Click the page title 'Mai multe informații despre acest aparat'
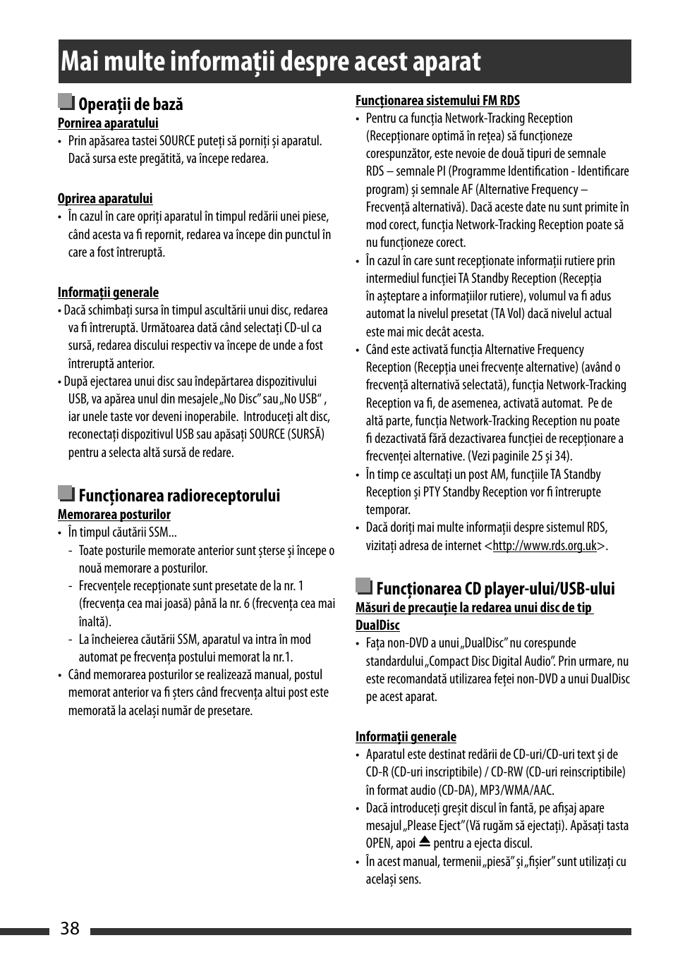tap(271, 62)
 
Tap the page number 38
tap(70, 928)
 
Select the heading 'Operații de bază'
tap(131, 104)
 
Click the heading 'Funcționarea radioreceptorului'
tap(179, 496)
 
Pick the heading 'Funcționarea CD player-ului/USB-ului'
tap(495, 589)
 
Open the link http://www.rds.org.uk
tap(545, 546)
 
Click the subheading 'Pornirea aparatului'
tap(108, 123)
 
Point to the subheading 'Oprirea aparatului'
tap(105, 199)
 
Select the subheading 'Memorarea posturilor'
tap(114, 515)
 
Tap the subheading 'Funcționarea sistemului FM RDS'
tap(437, 101)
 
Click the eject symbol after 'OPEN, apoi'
tap(424, 842)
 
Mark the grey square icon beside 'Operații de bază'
tap(66, 103)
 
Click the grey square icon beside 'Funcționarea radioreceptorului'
tap(66, 494)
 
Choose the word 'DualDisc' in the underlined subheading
tap(377, 626)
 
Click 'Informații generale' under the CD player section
tap(406, 737)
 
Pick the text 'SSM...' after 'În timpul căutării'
tap(163, 533)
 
